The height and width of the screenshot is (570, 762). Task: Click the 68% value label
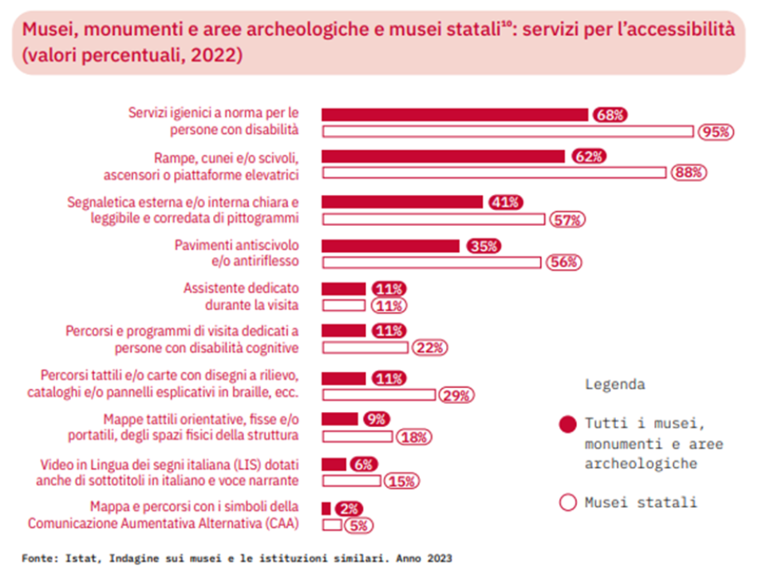pyautogui.click(x=610, y=115)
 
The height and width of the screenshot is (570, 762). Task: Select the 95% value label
pyautogui.click(x=715, y=133)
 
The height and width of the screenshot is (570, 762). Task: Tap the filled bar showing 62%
pyautogui.click(x=442, y=156)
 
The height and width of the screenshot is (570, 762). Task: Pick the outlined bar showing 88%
pyautogui.click(x=493, y=172)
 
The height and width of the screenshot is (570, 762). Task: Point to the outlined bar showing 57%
pyautogui.click(x=432, y=220)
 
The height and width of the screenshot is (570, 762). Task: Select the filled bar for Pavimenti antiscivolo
pyautogui.click(x=389, y=246)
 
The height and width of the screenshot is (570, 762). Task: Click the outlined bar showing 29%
pyautogui.click(x=378, y=394)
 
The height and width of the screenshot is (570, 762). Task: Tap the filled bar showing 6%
pyautogui.click(x=334, y=465)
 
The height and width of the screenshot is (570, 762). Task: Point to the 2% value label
pyautogui.click(x=349, y=508)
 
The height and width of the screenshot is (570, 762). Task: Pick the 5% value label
pyautogui.click(x=358, y=524)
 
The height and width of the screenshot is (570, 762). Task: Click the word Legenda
pyautogui.click(x=615, y=384)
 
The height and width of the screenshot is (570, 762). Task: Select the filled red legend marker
pyautogui.click(x=568, y=424)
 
